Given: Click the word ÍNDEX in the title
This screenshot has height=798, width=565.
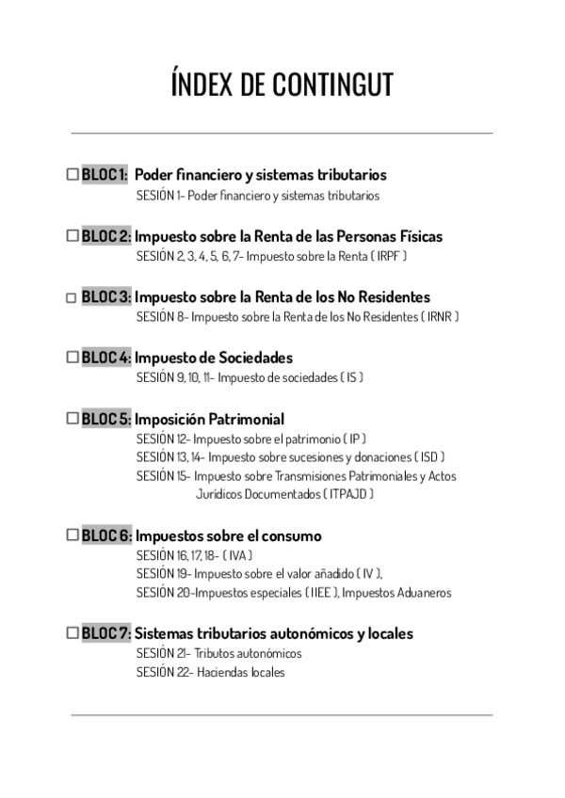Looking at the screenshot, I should (x=203, y=85).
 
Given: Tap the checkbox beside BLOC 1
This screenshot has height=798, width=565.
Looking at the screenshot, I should (x=73, y=174).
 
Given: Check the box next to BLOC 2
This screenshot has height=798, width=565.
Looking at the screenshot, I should (x=73, y=235).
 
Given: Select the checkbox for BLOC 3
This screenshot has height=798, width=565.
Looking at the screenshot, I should (x=73, y=297).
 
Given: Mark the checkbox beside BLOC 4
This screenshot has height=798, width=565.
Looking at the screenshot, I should (x=73, y=358).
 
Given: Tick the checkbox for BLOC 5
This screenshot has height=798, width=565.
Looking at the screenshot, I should (x=73, y=419).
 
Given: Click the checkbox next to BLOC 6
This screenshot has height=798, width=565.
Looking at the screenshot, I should (x=73, y=535).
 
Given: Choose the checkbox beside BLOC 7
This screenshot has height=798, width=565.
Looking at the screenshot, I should (x=73, y=633).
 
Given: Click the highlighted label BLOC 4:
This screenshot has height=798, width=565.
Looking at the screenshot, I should (x=106, y=358).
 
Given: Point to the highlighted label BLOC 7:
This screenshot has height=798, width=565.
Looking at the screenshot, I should (x=106, y=633).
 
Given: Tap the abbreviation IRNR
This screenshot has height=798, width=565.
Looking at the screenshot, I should (x=440, y=317).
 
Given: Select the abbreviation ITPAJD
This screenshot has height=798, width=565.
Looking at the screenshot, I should (x=348, y=493).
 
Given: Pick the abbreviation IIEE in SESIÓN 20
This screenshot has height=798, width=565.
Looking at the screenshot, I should (x=320, y=593).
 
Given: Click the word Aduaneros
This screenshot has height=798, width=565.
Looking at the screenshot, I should (x=425, y=593).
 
